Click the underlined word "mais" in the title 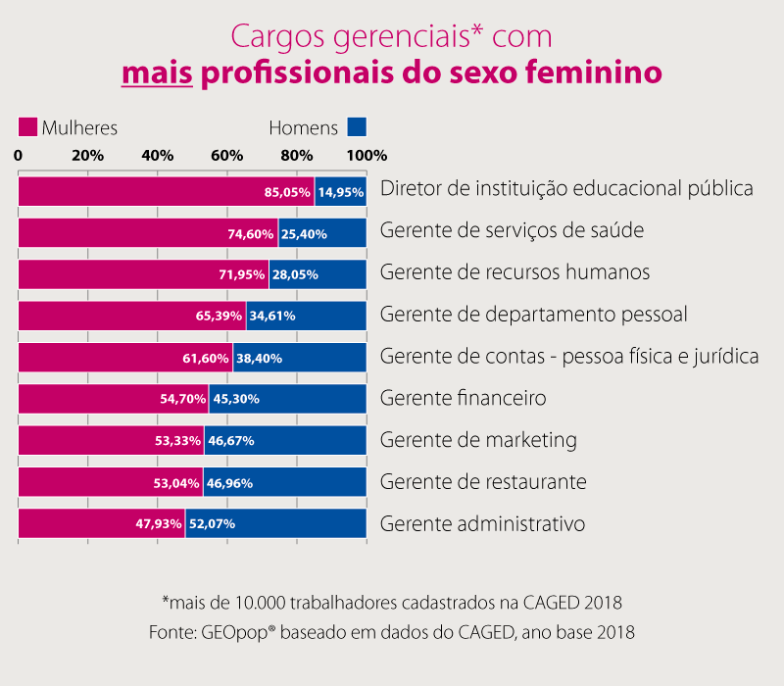click(x=157, y=74)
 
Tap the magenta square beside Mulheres click(x=27, y=127)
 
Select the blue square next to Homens click(x=357, y=127)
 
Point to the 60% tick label click(x=227, y=156)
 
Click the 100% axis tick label click(x=367, y=156)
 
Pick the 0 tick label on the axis click(x=19, y=156)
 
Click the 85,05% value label click(x=287, y=193)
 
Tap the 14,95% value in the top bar click(x=341, y=193)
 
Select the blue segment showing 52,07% click(x=275, y=524)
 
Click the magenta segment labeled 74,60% click(x=147, y=234)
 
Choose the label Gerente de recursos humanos click(x=514, y=272)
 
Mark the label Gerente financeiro click(x=463, y=399)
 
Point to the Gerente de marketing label click(x=478, y=440)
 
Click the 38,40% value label click(x=259, y=359)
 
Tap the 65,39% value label click(x=221, y=317)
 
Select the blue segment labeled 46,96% click(x=284, y=482)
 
